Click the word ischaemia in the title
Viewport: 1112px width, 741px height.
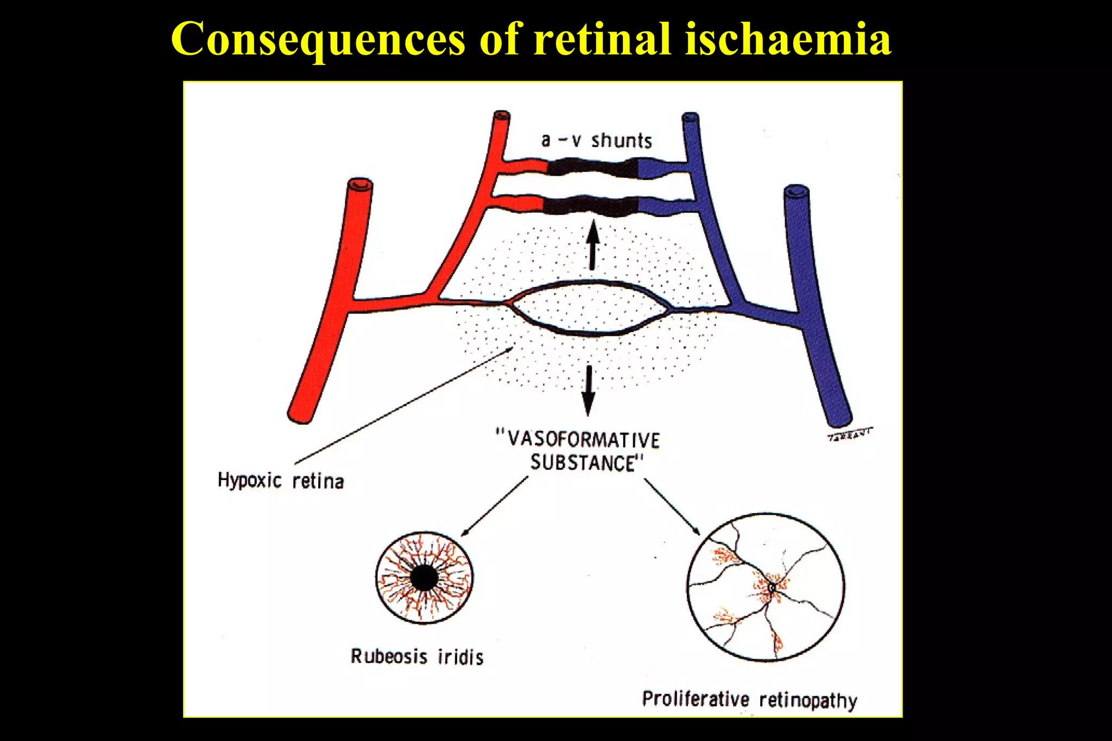787,39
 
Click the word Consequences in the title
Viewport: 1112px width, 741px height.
318,39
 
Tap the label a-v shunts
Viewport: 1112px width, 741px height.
596,140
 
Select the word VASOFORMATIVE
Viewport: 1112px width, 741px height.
579,439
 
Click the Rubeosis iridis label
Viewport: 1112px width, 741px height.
417,657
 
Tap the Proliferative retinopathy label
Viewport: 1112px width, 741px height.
749,699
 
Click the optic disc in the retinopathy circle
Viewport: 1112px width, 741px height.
772,587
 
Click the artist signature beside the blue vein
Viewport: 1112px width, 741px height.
850,435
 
